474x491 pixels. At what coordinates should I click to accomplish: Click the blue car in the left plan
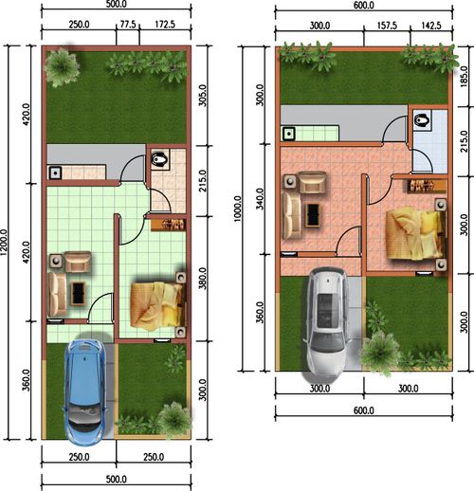point(85,391)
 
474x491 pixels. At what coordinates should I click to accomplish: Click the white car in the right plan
point(327,321)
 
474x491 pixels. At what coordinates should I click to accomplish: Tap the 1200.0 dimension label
point(5,243)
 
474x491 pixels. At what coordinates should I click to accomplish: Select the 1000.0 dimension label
point(238,209)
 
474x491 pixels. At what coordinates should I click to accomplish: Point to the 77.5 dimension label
point(128,25)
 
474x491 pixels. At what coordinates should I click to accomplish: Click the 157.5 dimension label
point(387,26)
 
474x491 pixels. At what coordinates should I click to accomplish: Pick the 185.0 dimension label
point(464,77)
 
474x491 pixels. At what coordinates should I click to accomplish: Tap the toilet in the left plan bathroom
point(159,159)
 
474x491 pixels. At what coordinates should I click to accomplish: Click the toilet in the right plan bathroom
point(422,120)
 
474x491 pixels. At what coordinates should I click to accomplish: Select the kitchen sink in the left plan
point(55,173)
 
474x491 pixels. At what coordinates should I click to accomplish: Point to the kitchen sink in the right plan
point(289,134)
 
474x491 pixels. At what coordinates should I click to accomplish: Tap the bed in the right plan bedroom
point(415,234)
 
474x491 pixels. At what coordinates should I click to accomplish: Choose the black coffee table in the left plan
point(78,293)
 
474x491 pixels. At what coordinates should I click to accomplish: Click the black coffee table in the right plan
point(313,215)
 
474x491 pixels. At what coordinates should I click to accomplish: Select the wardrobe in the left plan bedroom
point(169,225)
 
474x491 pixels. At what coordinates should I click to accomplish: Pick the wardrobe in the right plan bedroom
point(426,186)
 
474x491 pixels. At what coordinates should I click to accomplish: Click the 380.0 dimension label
point(203,278)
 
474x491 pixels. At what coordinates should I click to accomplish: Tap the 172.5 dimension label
point(165,25)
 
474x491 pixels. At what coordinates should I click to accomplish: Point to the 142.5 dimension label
point(431,26)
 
